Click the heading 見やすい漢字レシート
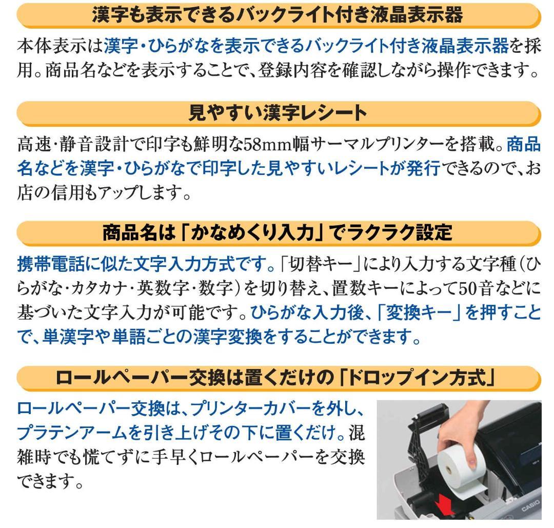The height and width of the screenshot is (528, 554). point(277,112)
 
